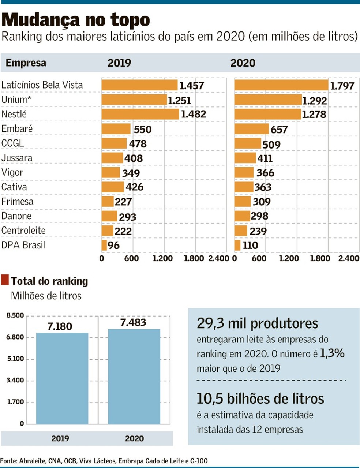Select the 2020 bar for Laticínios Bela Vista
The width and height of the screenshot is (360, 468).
tap(281, 85)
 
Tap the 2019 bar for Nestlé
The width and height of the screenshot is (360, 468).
tap(140, 114)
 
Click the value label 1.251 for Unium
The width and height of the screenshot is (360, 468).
tap(179, 100)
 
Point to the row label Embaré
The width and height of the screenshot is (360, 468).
tap(17, 129)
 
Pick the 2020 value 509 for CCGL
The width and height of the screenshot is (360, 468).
tap(271, 145)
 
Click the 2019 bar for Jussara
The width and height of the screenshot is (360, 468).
tap(112, 158)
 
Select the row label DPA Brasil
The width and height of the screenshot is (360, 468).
tap(23, 245)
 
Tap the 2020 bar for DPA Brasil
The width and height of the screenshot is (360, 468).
tap(237, 245)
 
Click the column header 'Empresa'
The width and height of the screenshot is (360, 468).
tap(26, 63)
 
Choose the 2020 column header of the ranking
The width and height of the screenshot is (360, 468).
tap(243, 63)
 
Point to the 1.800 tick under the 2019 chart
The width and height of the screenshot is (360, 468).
tap(194, 258)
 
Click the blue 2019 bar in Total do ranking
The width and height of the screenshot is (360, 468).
tap(62, 379)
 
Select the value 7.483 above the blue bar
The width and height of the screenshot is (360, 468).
tap(133, 322)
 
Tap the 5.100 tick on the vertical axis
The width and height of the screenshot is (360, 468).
tap(15, 359)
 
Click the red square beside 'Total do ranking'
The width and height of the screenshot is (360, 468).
tap(5, 280)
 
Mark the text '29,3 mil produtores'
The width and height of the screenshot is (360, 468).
tap(257, 323)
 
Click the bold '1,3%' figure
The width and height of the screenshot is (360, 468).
tap(332, 353)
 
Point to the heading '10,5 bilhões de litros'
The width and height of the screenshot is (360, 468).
tap(260, 398)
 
